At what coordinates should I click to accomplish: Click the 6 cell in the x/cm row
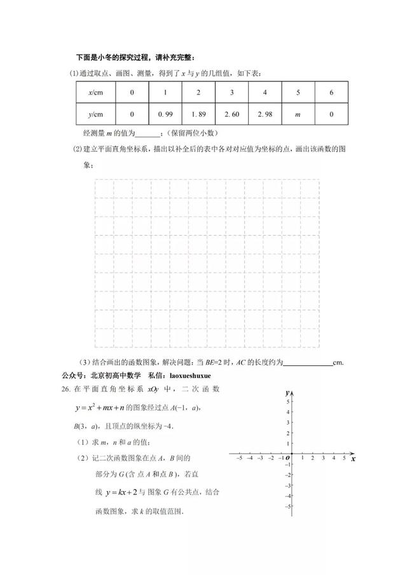331,93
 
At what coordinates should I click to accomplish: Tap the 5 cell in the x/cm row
298,93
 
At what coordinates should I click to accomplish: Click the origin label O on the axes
287,457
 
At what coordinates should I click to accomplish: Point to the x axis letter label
353,458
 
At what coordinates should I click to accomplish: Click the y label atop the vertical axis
287,393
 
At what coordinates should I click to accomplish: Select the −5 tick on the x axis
238,457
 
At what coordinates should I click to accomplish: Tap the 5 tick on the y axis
289,402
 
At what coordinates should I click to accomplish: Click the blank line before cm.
307,363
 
